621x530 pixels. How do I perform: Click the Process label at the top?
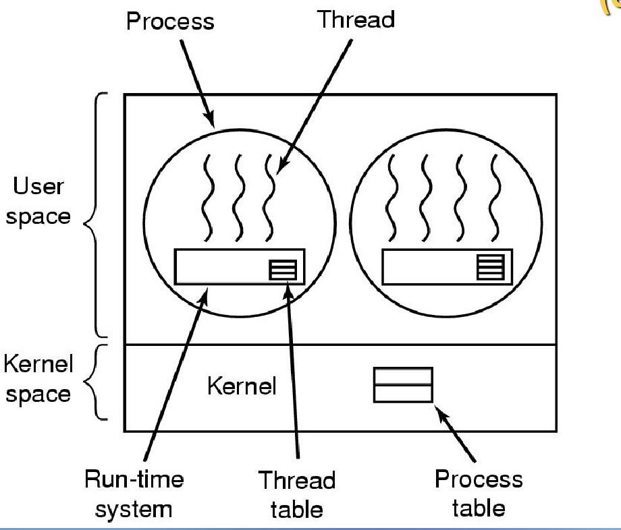pyautogui.click(x=169, y=21)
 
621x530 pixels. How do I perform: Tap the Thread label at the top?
pyautogui.click(x=356, y=19)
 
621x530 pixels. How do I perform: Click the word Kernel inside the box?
pyautogui.click(x=241, y=386)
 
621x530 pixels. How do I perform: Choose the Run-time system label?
pyautogui.click(x=134, y=494)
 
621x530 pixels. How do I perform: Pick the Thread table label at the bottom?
pyautogui.click(x=297, y=495)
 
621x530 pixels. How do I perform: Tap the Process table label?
pyautogui.click(x=478, y=493)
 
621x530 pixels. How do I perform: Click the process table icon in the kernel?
pyautogui.click(x=403, y=385)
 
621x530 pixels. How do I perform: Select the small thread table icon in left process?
pyautogui.click(x=282, y=270)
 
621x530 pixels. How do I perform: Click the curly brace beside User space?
pyautogui.click(x=98, y=214)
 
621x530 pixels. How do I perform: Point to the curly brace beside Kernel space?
pyautogui.click(x=99, y=382)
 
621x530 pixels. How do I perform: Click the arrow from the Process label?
pyautogui.click(x=198, y=82)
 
